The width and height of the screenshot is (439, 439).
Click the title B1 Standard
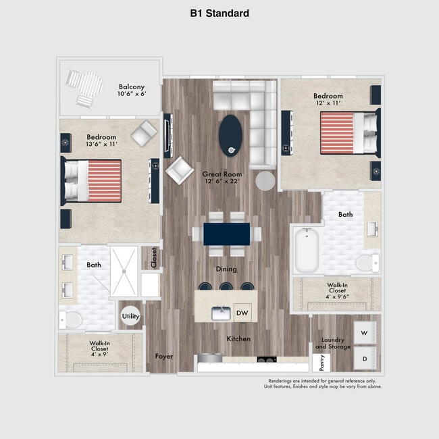pyautogui.click(x=219, y=13)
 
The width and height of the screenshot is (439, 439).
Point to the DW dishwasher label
pyautogui.click(x=242, y=313)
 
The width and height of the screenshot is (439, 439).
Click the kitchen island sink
pyautogui.click(x=220, y=313)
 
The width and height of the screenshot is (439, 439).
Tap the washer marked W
pyautogui.click(x=365, y=333)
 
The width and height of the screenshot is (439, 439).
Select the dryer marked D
pyautogui.click(x=365, y=359)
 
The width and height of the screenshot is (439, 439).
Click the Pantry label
pyautogui.click(x=321, y=363)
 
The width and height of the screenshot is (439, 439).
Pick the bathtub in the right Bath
pyautogui.click(x=309, y=251)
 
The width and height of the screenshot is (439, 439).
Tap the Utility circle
pyautogui.click(x=130, y=316)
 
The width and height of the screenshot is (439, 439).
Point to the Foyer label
pyautogui.click(x=164, y=356)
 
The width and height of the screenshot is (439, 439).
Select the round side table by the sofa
pyautogui.click(x=265, y=180)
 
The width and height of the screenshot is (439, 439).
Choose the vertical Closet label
pyautogui.click(x=154, y=258)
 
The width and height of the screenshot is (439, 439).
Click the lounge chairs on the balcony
pyautogui.click(x=84, y=88)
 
